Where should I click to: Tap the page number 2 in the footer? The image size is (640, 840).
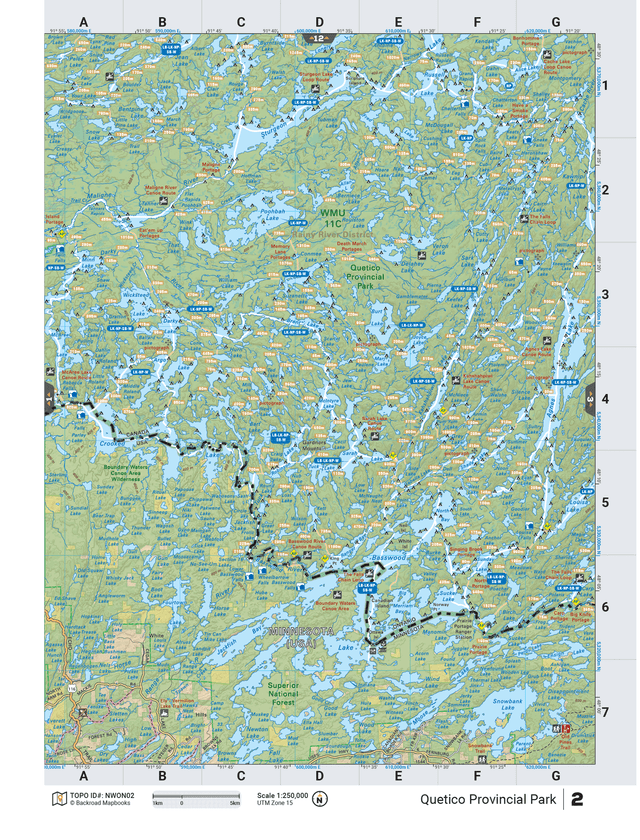pos(578,799)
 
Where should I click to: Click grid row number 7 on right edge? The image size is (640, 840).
pos(604,712)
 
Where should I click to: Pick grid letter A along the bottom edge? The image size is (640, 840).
pos(84,776)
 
